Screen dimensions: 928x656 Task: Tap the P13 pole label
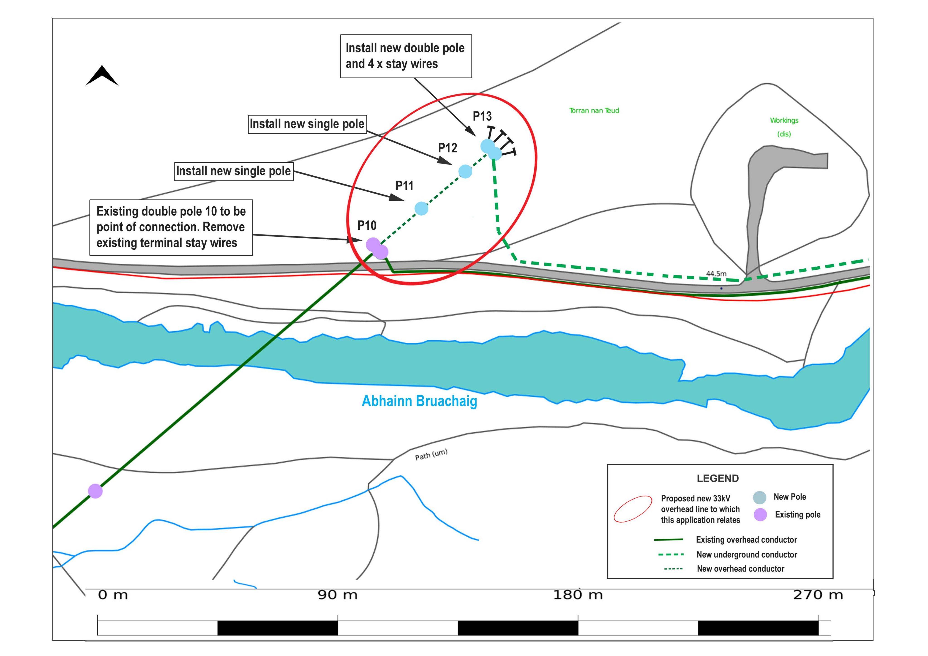(482, 116)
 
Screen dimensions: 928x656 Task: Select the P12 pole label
(448, 148)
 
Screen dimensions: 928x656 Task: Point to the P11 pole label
(405, 186)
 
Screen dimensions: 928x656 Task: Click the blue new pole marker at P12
(465, 171)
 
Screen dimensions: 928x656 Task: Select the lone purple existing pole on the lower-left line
(95, 491)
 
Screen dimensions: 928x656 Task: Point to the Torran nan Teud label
(594, 110)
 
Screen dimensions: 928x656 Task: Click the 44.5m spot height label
(716, 274)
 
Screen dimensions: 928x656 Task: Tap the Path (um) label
(431, 455)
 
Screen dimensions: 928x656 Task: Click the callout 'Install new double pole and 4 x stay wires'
(406, 56)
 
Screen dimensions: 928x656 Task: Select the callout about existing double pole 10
(171, 227)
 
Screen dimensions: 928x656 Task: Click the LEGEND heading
(718, 479)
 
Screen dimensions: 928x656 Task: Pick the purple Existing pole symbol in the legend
(760, 514)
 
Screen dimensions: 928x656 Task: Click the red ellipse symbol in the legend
(633, 509)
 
